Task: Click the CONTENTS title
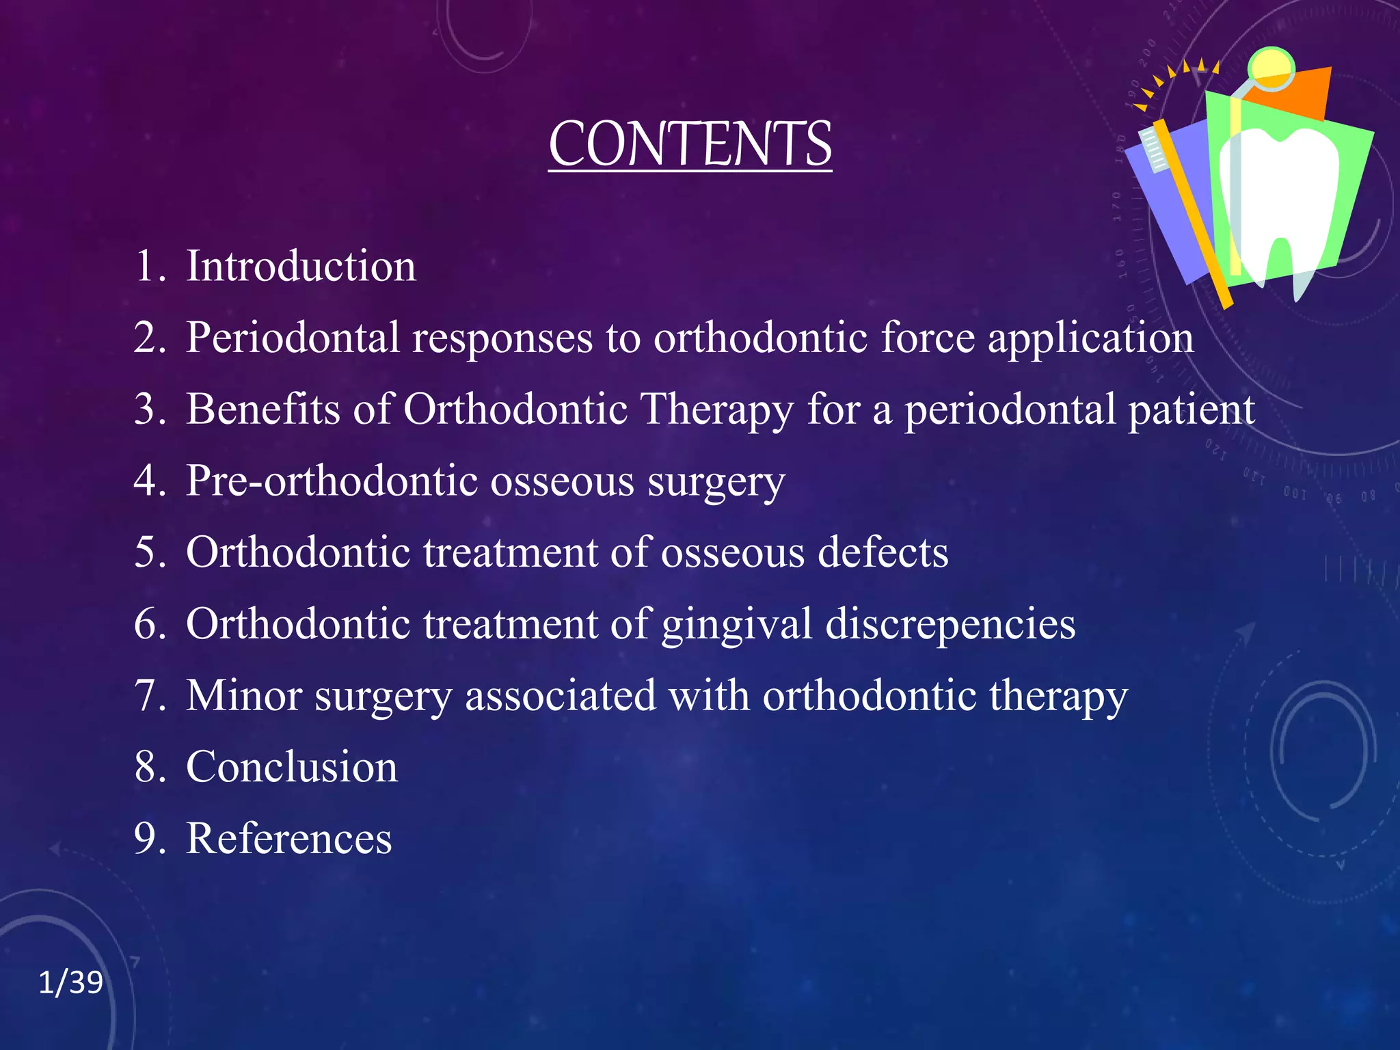click(690, 144)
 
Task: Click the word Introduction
click(301, 266)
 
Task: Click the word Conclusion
click(292, 767)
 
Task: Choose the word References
click(289, 839)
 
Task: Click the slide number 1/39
click(70, 983)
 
